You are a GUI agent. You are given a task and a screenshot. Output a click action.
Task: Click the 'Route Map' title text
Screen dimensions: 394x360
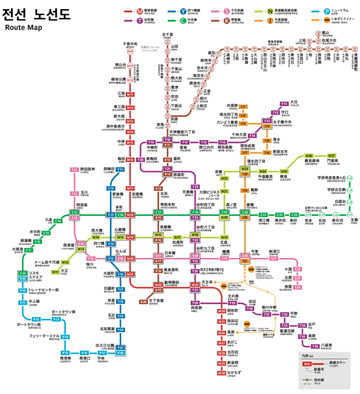coord(24,27)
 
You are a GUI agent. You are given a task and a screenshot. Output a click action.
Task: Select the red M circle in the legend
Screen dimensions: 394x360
coord(140,10)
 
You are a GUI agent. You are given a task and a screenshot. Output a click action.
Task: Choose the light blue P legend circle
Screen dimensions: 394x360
coord(328,10)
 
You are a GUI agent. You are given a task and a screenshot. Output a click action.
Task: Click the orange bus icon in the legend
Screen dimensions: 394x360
coord(328,20)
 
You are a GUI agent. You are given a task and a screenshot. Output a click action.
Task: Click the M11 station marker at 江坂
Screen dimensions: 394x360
coord(130,95)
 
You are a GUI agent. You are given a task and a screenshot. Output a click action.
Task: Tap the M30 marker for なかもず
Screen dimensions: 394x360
coord(221,373)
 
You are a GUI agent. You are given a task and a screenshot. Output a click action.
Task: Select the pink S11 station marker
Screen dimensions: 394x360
coord(75,170)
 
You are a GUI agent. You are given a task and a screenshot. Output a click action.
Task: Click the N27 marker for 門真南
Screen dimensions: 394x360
coord(331,156)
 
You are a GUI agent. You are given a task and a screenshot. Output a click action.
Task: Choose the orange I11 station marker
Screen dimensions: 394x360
coord(243,107)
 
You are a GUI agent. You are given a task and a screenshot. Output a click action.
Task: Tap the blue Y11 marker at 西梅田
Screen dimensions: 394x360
coord(120,170)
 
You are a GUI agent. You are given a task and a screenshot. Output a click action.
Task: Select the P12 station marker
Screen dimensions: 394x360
coord(36,319)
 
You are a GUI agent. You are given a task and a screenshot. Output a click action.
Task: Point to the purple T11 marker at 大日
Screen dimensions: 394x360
coord(284,103)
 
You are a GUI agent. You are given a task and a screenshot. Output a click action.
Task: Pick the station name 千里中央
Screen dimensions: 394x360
coord(129,44)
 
